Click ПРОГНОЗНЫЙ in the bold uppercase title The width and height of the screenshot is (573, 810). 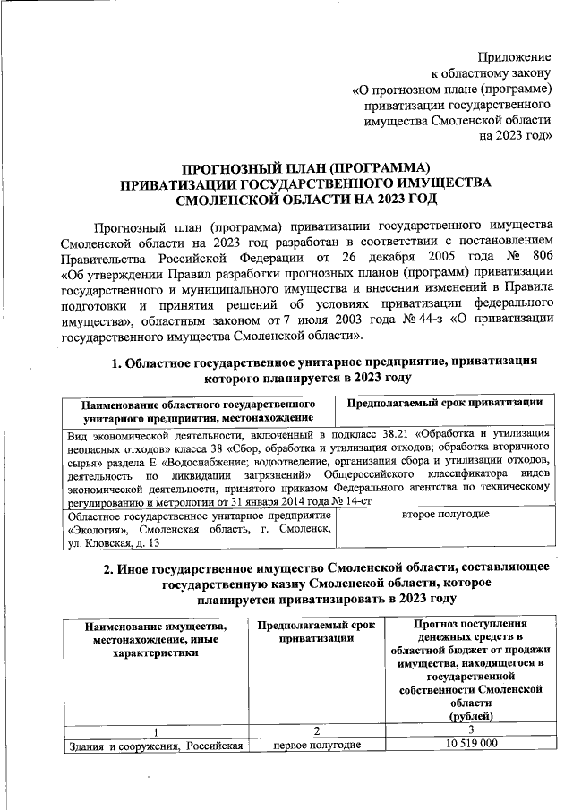[234, 166]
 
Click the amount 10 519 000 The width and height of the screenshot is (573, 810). [471, 745]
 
